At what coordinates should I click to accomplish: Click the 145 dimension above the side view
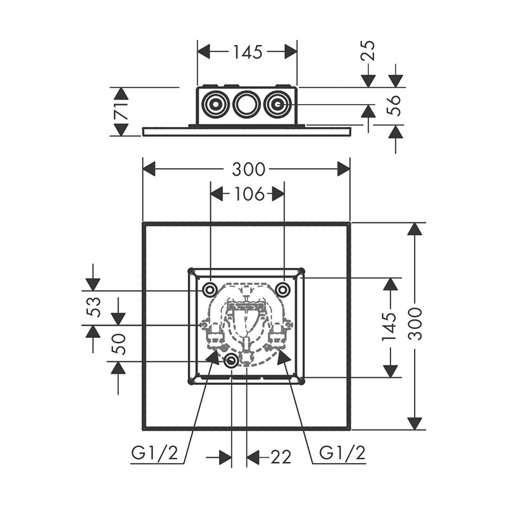(x=247, y=52)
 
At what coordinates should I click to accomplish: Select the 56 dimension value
(x=394, y=105)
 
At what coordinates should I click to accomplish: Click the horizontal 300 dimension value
(x=248, y=169)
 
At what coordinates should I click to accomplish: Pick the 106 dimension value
(x=248, y=194)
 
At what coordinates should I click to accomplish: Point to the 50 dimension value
(x=119, y=344)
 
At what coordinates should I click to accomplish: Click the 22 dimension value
(x=279, y=457)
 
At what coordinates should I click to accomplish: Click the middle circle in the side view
(x=246, y=105)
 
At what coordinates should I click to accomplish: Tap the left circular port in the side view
(x=215, y=105)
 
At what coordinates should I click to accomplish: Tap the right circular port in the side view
(x=278, y=105)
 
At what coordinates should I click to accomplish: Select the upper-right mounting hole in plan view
(x=283, y=290)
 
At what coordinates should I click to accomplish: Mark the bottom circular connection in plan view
(x=232, y=361)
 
